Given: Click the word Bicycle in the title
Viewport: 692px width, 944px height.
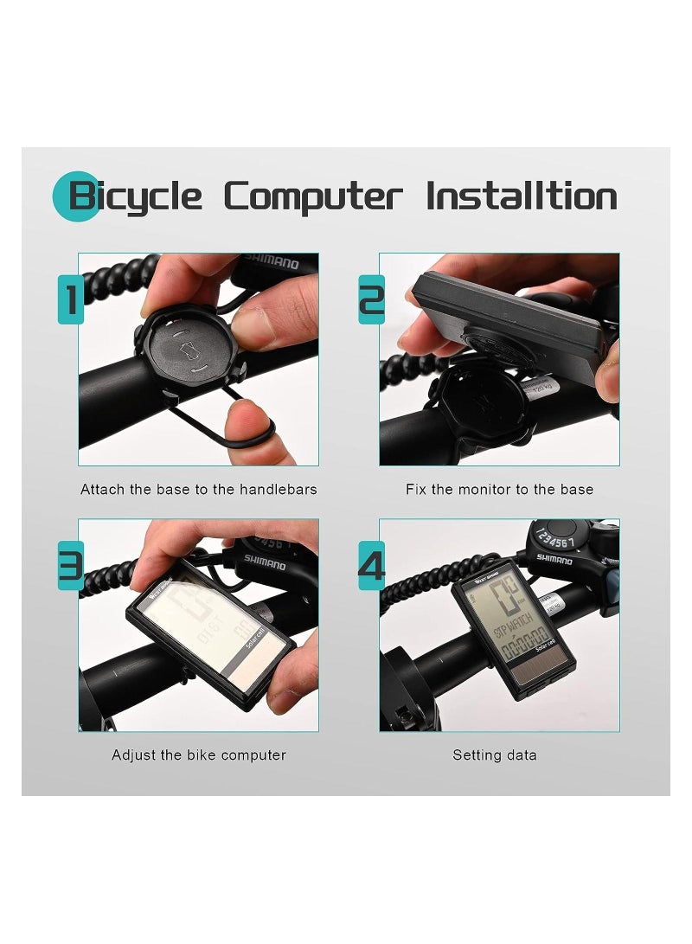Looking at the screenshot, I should tap(137, 196).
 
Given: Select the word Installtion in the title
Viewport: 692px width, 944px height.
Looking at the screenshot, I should tap(522, 196).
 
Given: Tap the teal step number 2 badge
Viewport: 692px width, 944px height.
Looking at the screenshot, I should tap(371, 299).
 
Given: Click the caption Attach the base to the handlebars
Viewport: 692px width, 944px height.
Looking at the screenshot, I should tap(199, 490).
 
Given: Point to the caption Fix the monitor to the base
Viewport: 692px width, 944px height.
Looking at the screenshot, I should tap(499, 490).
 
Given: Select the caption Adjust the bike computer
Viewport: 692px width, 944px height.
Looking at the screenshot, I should tap(199, 755).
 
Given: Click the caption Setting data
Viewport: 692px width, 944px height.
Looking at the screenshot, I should tap(495, 755).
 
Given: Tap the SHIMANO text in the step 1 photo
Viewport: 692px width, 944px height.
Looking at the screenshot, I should tap(270, 262).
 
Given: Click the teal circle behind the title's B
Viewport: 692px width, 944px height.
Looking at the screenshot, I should tap(76, 196).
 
